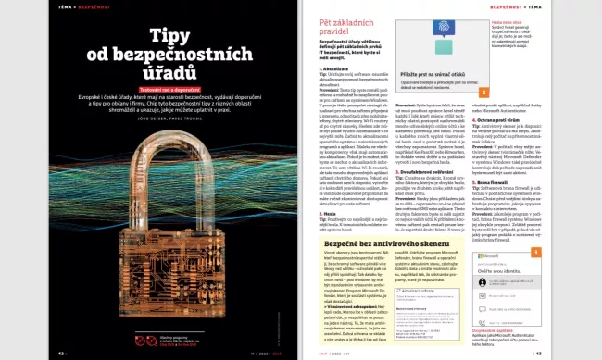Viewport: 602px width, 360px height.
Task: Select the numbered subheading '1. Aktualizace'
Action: (x=336, y=68)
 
